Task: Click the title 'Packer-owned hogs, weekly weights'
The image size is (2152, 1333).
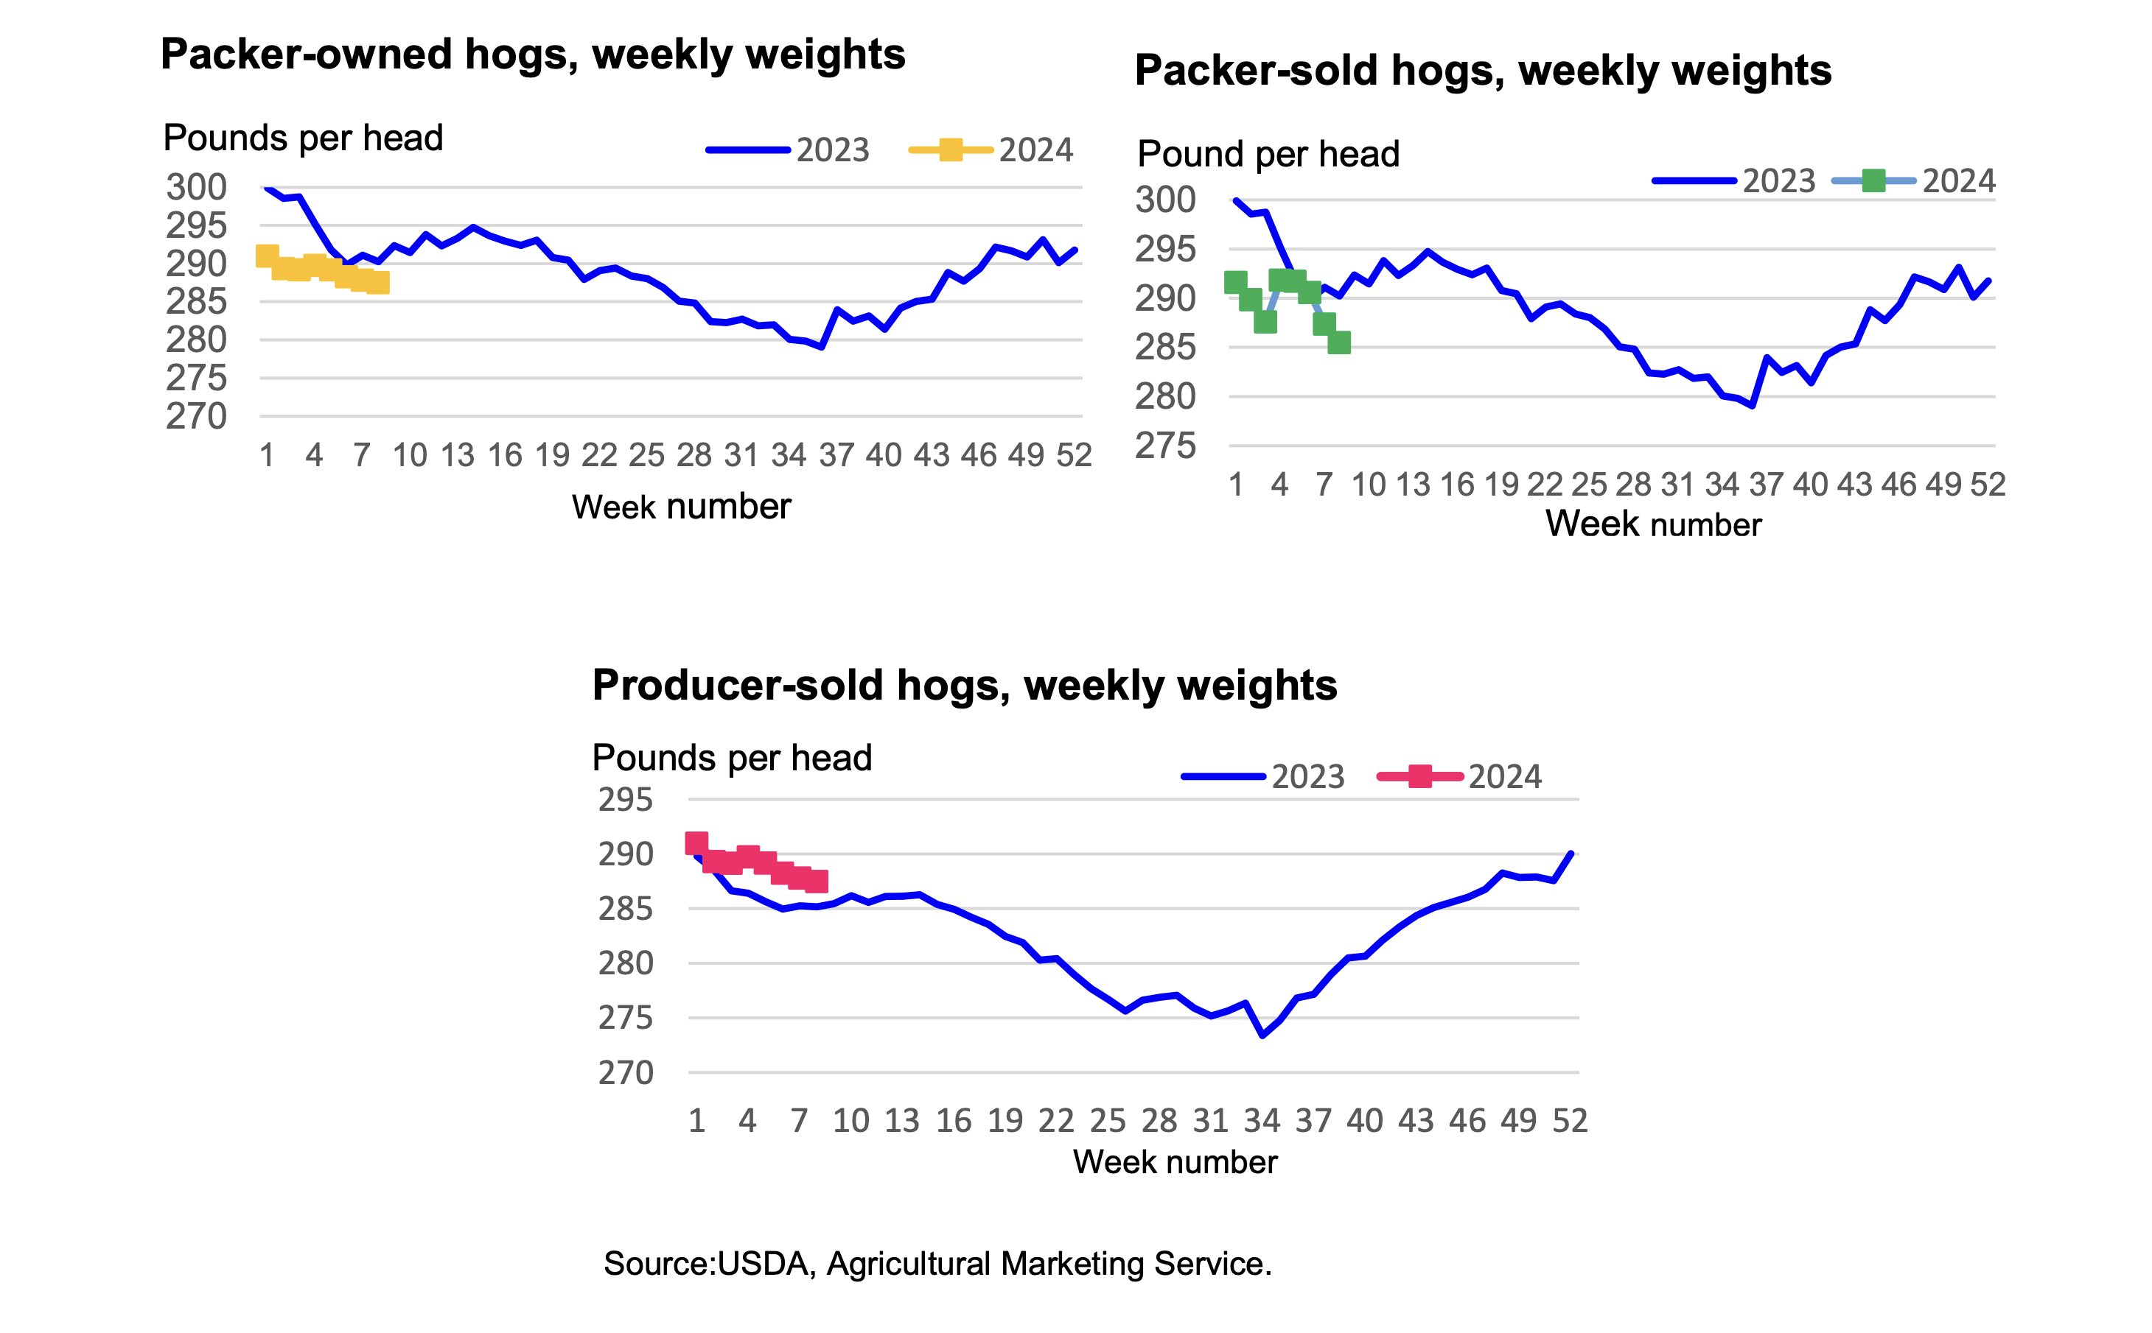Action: (532, 54)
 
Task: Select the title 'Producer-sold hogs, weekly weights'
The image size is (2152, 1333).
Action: (964, 685)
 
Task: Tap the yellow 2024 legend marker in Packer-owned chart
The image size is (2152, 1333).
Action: (950, 150)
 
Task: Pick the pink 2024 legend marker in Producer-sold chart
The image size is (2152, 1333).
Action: (1420, 777)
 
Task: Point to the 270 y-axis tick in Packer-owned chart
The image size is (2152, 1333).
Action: (196, 416)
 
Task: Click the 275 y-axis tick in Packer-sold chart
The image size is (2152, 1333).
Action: (1165, 446)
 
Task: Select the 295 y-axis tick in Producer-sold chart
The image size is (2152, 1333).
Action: (625, 800)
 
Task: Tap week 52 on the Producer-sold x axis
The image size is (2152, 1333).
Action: (1570, 1121)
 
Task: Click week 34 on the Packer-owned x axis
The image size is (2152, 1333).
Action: (789, 456)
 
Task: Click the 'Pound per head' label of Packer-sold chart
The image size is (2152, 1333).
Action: (1268, 154)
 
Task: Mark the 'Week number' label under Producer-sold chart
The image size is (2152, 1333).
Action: (1175, 1162)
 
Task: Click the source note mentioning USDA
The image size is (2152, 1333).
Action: (937, 1263)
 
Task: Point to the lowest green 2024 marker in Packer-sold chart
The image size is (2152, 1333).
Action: (1339, 342)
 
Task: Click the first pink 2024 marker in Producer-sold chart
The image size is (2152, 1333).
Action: (696, 843)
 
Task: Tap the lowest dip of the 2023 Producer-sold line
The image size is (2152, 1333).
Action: (1263, 1035)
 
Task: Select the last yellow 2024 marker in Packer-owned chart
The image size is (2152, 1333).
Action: (377, 283)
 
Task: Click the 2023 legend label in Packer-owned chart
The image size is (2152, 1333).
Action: (833, 150)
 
